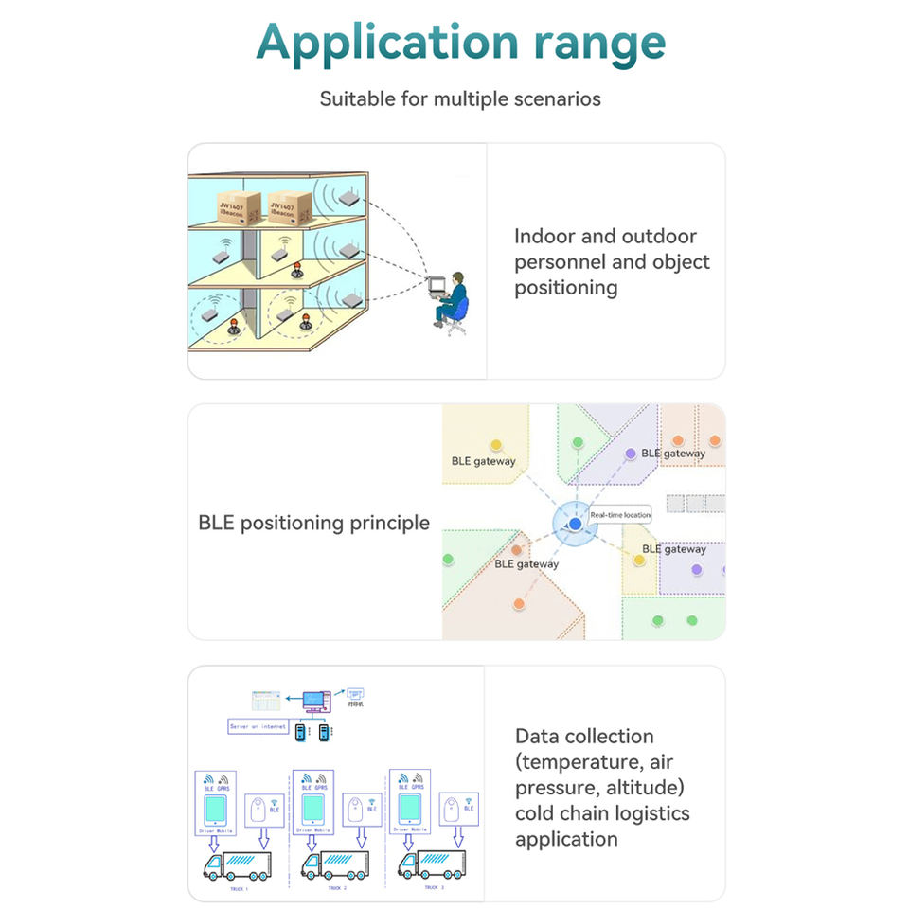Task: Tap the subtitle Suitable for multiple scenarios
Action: (x=460, y=98)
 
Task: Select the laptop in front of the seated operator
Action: (x=436, y=285)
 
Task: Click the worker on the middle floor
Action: (x=296, y=271)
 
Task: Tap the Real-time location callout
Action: (x=620, y=515)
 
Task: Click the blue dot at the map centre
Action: (x=575, y=524)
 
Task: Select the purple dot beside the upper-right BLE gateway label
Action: (x=631, y=454)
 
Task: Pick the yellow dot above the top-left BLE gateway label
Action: (x=494, y=444)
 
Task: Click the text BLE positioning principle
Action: (x=313, y=523)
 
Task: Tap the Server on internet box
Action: (x=258, y=726)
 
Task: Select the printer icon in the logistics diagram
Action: (x=355, y=696)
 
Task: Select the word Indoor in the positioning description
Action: (x=550, y=237)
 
